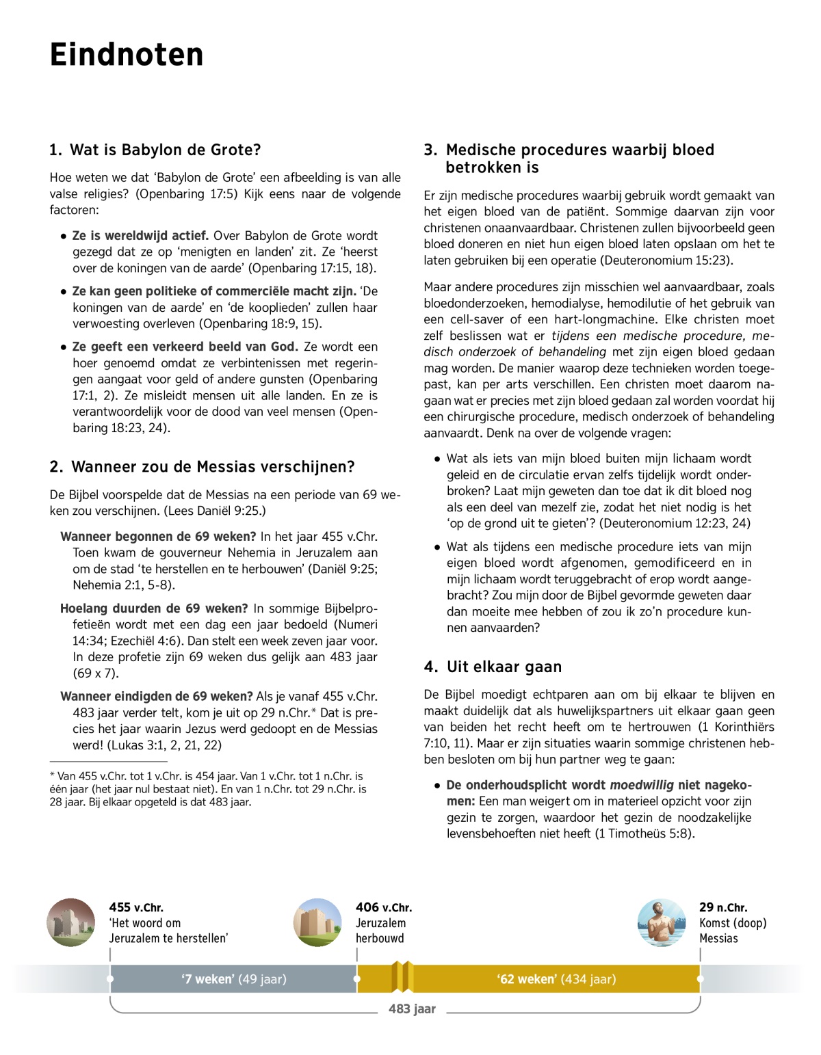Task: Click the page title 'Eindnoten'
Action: point(127,55)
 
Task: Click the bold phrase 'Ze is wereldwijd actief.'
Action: point(140,236)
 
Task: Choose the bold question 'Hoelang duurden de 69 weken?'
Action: point(154,609)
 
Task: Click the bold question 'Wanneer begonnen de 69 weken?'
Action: point(158,537)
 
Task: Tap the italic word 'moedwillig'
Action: point(642,785)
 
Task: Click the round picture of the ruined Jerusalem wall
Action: point(71,922)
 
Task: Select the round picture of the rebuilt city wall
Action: point(317,922)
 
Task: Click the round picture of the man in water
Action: point(662,922)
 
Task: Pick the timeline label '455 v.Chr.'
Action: point(136,907)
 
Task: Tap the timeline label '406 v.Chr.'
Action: point(384,907)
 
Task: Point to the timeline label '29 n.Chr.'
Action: point(723,907)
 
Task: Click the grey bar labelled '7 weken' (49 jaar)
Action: point(234,979)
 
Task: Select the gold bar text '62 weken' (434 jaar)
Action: point(556,979)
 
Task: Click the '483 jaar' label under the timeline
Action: point(412,1009)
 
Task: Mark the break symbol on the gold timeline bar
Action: point(402,977)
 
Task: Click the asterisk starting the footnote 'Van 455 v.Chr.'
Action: point(52,777)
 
